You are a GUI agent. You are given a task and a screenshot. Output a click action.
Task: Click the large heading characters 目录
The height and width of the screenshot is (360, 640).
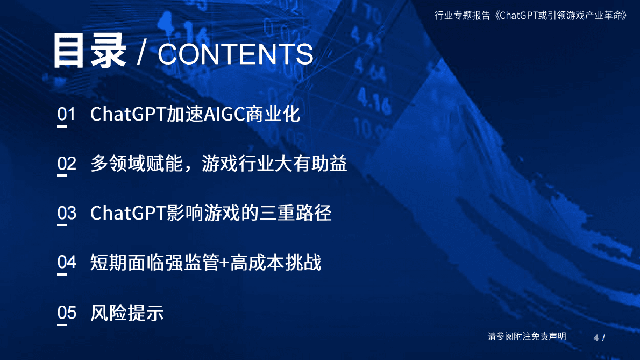coord(89,52)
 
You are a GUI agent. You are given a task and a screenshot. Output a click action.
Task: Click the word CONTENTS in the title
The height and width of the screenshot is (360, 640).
coord(235,54)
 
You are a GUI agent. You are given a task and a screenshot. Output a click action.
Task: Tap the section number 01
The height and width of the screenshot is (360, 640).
coord(67,115)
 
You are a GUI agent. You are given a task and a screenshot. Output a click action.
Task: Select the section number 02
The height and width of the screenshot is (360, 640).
coord(67,164)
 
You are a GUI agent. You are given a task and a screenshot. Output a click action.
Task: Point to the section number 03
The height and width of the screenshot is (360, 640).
coord(67,213)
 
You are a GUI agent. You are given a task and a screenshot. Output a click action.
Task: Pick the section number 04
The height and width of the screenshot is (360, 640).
coord(67,263)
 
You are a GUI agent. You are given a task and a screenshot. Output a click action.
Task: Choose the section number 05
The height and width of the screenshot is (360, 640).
coord(67,313)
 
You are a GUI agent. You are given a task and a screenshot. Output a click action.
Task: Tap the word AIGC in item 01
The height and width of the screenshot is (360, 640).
coord(224,115)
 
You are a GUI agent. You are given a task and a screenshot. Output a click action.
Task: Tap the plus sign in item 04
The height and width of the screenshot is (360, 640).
coord(225,263)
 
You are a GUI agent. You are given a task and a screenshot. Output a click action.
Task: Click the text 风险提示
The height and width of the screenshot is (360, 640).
coord(127,313)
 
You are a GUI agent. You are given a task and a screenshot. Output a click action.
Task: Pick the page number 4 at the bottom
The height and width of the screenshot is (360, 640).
coord(596,337)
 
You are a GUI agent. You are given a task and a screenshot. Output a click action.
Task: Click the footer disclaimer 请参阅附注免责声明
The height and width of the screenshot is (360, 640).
coord(527,336)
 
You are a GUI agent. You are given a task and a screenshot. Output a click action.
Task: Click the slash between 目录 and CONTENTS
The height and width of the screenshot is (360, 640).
coord(141,54)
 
